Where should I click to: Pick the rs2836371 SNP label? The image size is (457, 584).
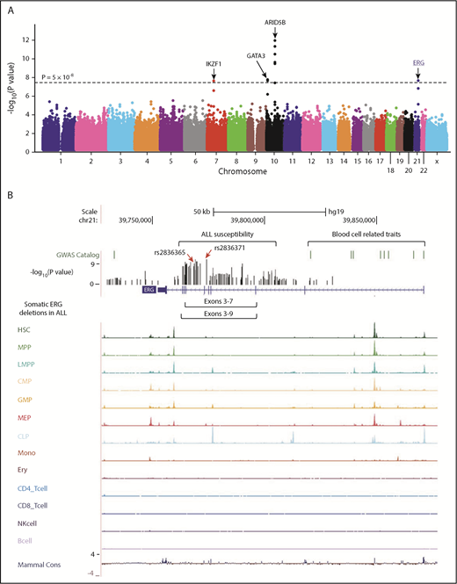[x=229, y=249]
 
